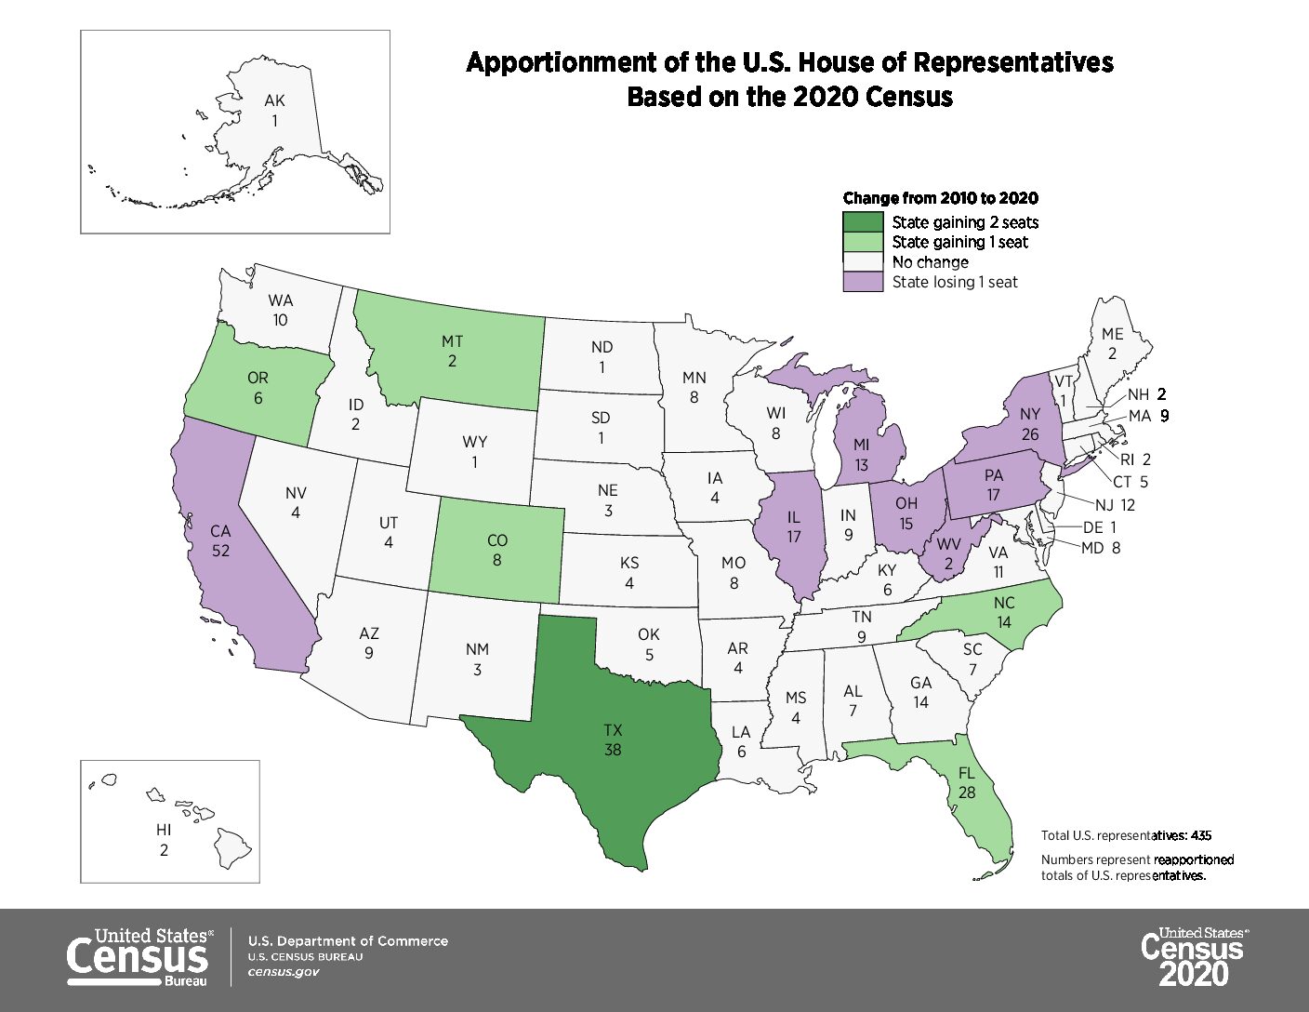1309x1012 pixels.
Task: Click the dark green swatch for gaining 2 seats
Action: pyautogui.click(x=862, y=222)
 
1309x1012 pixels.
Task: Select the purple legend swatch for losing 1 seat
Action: pyautogui.click(x=862, y=282)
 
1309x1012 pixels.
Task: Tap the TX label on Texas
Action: pyautogui.click(x=612, y=731)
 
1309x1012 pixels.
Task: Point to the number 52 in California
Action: pyautogui.click(x=220, y=550)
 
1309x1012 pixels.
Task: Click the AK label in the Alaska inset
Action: pyautogui.click(x=274, y=101)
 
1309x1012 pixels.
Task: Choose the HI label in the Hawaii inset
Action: pyautogui.click(x=164, y=830)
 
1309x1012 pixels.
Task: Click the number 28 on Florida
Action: pyautogui.click(x=967, y=792)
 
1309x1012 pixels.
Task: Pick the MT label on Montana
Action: pyautogui.click(x=452, y=341)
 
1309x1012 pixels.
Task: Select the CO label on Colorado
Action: pyautogui.click(x=497, y=541)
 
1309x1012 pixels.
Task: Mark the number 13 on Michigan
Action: pyautogui.click(x=861, y=464)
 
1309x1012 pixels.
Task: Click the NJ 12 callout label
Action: pyautogui.click(x=1114, y=505)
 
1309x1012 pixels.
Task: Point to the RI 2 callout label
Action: pyautogui.click(x=1135, y=459)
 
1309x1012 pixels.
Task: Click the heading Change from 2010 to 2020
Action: pyautogui.click(x=940, y=198)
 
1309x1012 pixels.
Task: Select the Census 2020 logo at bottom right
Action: pyautogui.click(x=1194, y=956)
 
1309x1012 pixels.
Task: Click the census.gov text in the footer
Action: pyautogui.click(x=284, y=971)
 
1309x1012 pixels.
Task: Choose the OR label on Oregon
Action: pyautogui.click(x=258, y=379)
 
